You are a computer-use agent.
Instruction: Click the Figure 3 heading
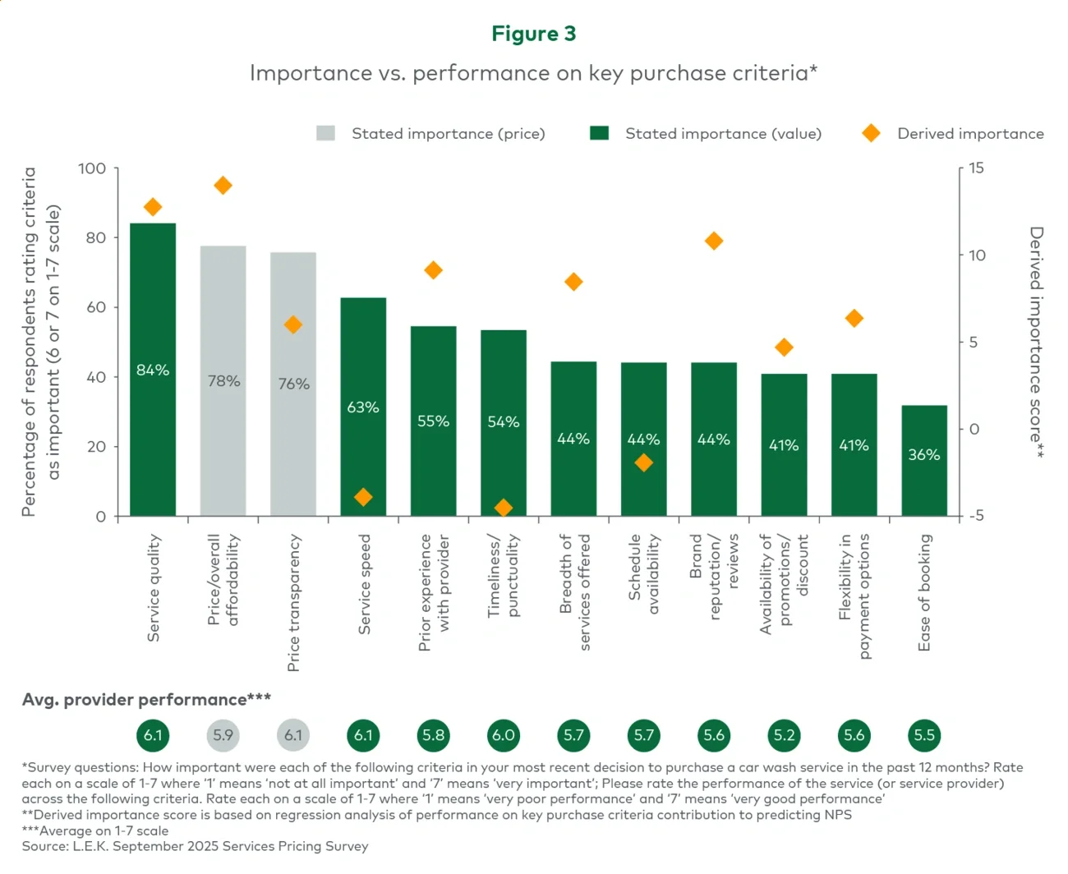point(533,34)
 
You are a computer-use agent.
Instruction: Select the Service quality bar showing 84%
point(153,370)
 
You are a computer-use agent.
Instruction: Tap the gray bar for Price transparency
point(293,384)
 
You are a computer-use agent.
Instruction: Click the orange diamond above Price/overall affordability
point(223,186)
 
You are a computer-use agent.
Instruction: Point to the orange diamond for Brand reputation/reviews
point(714,241)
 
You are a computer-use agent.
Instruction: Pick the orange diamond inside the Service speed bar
point(363,497)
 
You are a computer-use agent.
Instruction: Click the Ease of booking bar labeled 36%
point(924,460)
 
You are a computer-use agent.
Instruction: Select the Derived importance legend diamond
point(871,133)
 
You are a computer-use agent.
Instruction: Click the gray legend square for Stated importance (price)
point(325,133)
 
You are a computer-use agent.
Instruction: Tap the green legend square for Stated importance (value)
point(600,133)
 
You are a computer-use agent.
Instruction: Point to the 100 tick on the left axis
point(92,168)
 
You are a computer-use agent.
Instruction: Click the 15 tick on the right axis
point(976,168)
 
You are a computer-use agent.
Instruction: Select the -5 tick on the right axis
point(976,516)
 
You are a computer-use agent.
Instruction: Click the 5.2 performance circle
point(784,735)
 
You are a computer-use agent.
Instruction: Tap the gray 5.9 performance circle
point(223,735)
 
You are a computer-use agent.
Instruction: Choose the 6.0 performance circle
point(504,735)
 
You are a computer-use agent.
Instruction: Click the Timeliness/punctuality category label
point(504,575)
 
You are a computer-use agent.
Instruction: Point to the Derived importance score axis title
point(1037,341)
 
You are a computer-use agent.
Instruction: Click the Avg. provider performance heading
point(146,700)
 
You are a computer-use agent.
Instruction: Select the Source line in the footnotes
point(195,846)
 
